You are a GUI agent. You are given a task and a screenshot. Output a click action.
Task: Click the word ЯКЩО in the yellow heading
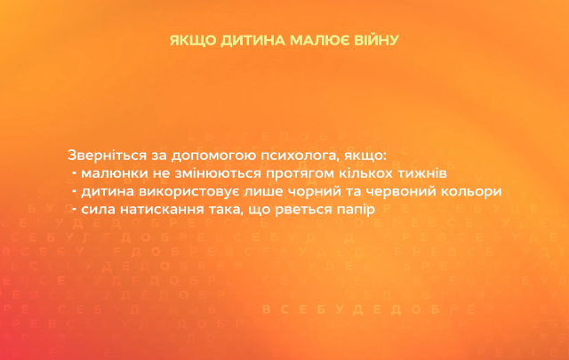coord(188,41)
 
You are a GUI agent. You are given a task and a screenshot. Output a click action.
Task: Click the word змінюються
coord(221,172)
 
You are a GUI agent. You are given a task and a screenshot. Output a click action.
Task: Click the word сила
coord(96,210)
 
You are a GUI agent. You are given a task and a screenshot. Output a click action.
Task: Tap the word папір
coord(354,210)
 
